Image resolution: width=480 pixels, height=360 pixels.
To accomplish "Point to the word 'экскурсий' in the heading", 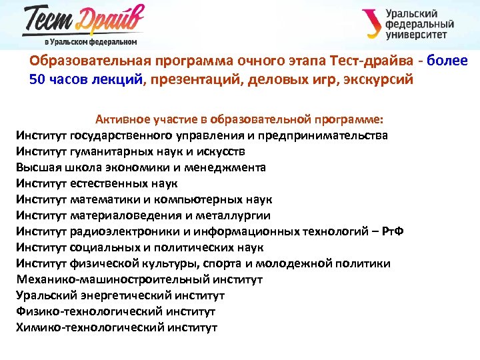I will click(380, 80).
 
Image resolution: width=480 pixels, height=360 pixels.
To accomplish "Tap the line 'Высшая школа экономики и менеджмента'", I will click(141, 167).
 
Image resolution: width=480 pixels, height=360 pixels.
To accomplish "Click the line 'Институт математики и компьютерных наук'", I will click(144, 199).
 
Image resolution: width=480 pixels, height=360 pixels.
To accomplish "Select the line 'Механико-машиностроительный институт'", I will click(139, 279).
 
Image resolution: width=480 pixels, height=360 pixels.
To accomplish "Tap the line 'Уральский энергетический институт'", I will click(120, 295).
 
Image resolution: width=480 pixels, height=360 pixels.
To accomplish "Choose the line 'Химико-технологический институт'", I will click(117, 327).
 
